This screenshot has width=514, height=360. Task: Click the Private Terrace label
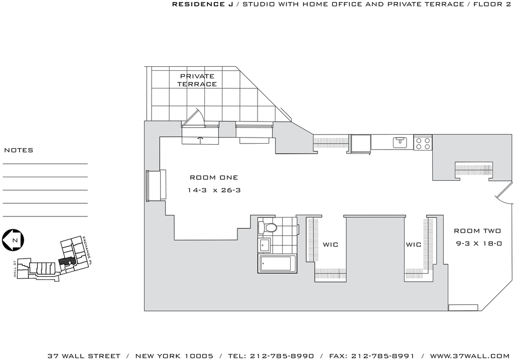197,80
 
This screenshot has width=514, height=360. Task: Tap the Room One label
214,177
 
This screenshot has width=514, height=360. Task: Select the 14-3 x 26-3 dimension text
214,190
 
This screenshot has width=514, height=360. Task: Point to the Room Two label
477,231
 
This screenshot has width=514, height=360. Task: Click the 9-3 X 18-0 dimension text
479,244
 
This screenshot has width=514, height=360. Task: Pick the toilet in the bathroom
268,227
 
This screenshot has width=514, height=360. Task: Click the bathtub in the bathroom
277,264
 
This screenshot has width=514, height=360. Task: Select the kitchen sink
400,143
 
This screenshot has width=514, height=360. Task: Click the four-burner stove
423,143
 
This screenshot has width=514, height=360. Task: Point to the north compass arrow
13,240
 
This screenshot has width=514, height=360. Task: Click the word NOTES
19,150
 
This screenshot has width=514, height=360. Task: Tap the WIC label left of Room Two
414,245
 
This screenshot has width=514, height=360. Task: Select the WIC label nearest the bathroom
330,245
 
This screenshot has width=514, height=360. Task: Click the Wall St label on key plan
15,269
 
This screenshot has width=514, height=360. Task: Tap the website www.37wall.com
470,356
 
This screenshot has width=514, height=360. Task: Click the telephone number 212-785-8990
282,356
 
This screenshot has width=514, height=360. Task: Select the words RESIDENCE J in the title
203,4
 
